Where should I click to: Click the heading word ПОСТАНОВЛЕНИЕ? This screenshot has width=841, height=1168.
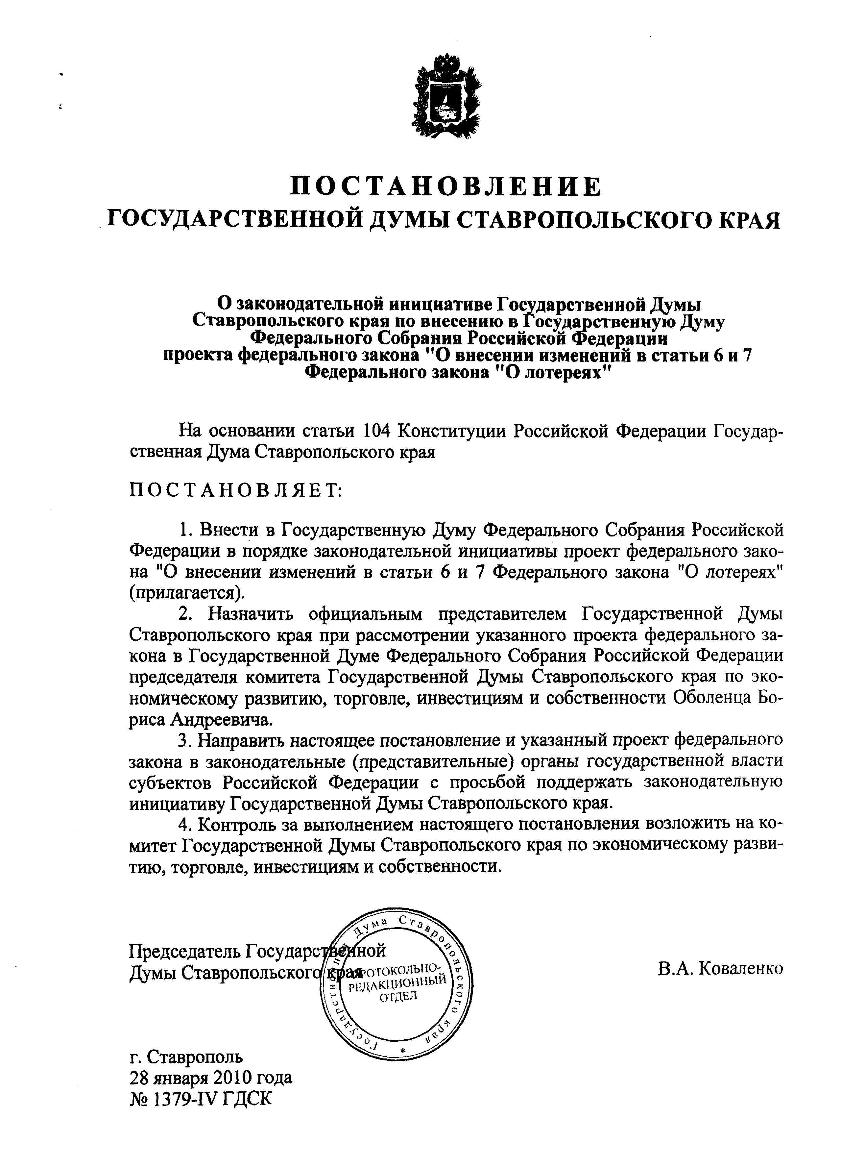[445, 186]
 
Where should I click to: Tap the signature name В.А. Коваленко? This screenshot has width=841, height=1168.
[720, 969]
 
